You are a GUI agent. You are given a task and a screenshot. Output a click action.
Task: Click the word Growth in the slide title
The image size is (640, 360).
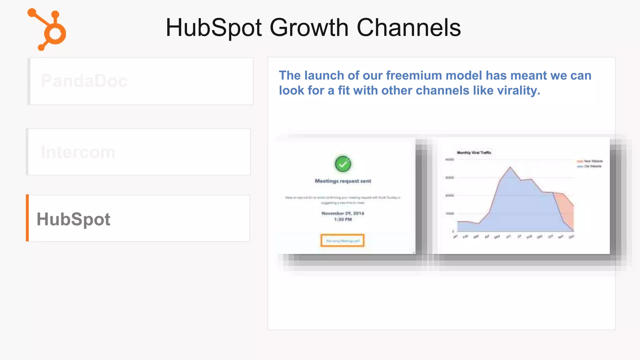309,28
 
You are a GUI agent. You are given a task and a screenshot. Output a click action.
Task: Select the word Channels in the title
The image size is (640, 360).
408,28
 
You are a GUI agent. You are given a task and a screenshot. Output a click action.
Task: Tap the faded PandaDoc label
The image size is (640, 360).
84,81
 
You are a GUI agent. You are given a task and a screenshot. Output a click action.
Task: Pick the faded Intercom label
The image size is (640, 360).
78,152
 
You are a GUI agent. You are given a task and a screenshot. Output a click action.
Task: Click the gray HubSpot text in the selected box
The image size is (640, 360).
73,219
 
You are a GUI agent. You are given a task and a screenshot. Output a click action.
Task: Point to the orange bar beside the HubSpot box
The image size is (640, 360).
27,218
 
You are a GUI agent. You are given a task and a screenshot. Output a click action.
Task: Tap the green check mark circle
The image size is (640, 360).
343,164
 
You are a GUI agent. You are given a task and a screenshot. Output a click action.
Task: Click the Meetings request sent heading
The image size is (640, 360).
343,181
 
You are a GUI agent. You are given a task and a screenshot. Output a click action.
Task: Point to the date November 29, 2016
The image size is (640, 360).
343,213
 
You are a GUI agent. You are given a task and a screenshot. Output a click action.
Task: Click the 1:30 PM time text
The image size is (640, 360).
343,220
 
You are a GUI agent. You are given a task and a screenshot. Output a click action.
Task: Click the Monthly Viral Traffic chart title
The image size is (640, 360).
474,153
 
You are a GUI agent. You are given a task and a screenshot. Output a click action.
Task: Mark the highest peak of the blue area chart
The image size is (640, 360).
510,167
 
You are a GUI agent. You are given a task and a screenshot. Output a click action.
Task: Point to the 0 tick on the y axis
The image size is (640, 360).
453,232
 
